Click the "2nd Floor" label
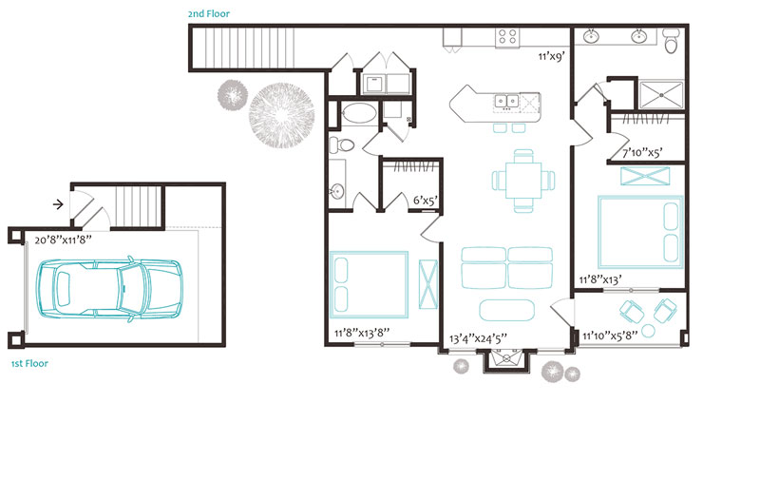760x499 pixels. coord(209,14)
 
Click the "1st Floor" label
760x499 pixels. coord(29,364)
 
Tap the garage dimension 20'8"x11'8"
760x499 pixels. coord(63,240)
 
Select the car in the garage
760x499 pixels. coord(110,289)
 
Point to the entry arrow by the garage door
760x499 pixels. coord(58,204)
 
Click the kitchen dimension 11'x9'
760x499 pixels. coord(552,57)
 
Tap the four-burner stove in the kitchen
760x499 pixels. coord(507,37)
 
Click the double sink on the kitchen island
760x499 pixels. coord(506,101)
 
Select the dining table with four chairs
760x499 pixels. coord(523,181)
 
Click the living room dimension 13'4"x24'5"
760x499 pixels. coord(478,338)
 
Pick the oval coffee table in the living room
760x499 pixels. coord(507,311)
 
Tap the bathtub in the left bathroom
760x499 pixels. coord(359,114)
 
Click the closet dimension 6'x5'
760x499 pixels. coord(426,200)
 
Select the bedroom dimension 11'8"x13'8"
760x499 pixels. coord(362,333)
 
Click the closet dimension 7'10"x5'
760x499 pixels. coord(642,153)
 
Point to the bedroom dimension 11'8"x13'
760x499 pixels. coord(600,279)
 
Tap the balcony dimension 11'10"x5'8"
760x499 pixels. coord(610,336)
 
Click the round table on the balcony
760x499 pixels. coord(648,331)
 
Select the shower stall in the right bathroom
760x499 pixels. coord(661,94)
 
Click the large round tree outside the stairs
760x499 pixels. coord(281,115)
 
